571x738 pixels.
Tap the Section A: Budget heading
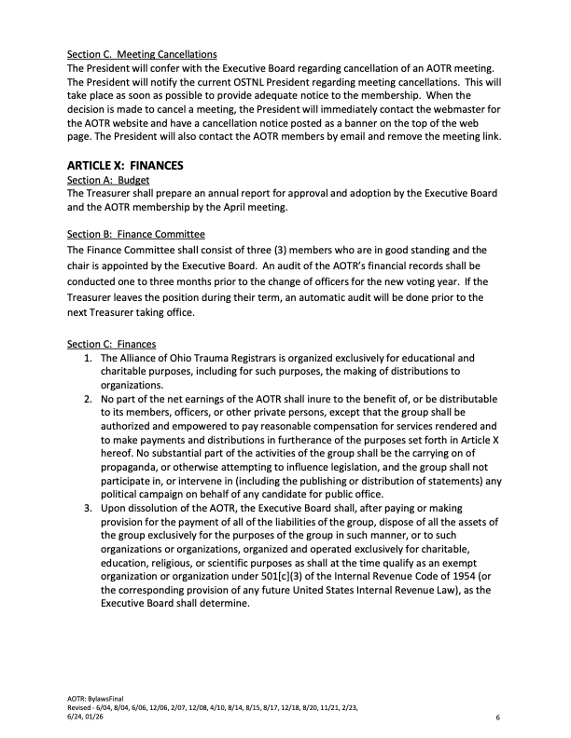[110, 179]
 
